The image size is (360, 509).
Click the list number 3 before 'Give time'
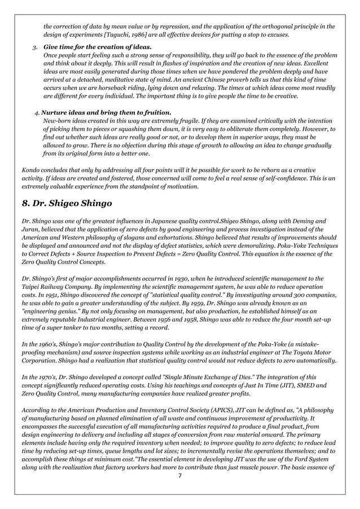(x=34, y=47)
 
